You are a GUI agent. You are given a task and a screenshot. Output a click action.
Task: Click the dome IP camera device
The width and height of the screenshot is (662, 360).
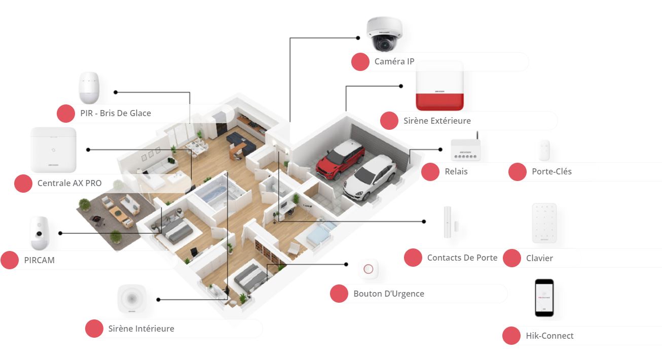(384, 33)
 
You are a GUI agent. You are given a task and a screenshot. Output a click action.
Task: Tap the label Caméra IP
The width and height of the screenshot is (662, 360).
(394, 61)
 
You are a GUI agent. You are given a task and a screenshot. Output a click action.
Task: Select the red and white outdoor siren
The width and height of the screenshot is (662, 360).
(439, 86)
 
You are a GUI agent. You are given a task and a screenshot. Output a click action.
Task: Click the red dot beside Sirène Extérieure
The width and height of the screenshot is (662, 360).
(389, 121)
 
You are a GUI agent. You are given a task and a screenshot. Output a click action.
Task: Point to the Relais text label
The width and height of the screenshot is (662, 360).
(456, 171)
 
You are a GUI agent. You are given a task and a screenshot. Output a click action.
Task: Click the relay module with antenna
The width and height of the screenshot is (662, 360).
(465, 148)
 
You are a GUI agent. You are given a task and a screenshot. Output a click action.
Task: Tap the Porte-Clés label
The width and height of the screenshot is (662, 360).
(551, 171)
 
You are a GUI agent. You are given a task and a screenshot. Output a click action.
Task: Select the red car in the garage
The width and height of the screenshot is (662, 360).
(340, 160)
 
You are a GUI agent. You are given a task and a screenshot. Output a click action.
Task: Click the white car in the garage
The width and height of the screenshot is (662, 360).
(370, 178)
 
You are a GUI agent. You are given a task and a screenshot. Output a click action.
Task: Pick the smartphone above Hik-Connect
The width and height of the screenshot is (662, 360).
(544, 298)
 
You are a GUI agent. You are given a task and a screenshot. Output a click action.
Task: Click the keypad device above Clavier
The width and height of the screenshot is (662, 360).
(544, 224)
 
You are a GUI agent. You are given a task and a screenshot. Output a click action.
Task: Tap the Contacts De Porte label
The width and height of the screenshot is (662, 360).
(462, 258)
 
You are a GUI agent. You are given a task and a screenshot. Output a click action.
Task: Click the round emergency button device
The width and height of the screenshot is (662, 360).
(368, 269)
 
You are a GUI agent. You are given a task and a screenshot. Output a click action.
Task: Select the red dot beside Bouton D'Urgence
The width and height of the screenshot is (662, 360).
(339, 294)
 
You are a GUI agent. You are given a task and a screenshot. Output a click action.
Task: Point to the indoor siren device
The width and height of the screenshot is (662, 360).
(131, 299)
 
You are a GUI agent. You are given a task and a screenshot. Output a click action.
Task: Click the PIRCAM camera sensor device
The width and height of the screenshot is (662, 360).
(40, 233)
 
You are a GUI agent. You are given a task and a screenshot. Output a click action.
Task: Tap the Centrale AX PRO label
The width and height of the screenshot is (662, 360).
(69, 183)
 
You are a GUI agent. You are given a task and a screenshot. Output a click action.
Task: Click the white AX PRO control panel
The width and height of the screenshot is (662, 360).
(54, 150)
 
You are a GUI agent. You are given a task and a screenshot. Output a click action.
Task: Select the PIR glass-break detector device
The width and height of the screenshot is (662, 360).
(89, 88)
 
